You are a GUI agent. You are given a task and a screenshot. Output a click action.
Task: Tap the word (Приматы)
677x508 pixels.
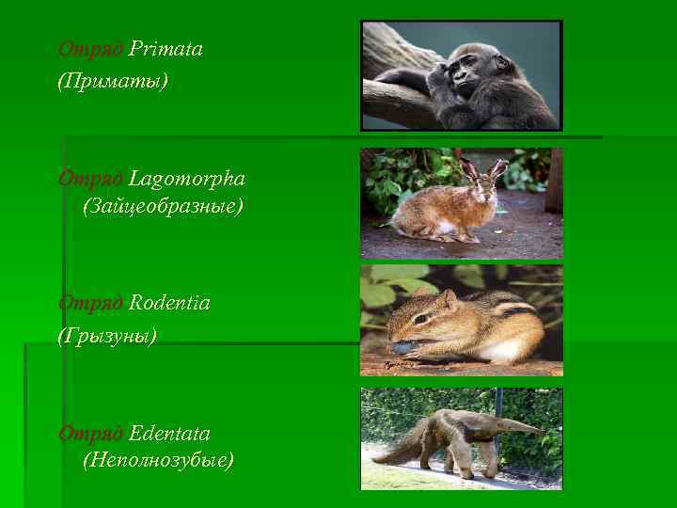(x=113, y=82)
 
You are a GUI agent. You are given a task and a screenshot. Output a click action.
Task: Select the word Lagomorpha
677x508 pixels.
(x=187, y=178)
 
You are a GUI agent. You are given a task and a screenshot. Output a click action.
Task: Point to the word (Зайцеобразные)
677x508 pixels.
(x=162, y=206)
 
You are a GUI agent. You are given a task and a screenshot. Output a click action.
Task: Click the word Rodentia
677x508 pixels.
(x=169, y=303)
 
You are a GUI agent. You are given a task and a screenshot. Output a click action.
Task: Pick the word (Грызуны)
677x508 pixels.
(x=107, y=336)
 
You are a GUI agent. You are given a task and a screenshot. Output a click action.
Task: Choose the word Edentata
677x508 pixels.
(x=169, y=434)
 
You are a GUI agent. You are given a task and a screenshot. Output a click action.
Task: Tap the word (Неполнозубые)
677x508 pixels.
(x=158, y=461)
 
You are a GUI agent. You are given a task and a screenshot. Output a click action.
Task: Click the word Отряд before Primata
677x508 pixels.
(x=90, y=49)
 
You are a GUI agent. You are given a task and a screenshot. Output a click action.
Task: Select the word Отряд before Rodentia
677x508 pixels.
(x=90, y=303)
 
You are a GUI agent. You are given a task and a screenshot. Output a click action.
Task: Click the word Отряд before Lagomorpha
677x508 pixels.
(x=90, y=178)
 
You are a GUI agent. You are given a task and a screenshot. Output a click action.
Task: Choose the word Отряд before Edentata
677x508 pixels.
(x=90, y=434)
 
